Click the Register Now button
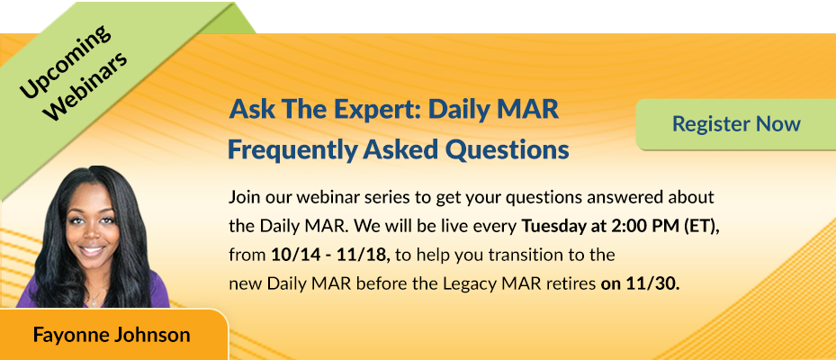pyautogui.click(x=736, y=123)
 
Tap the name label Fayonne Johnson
pyautogui.click(x=112, y=335)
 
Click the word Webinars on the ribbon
pyautogui.click(x=87, y=85)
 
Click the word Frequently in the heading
pyautogui.click(x=292, y=150)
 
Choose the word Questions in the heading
pyautogui.click(x=507, y=150)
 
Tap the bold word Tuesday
pyautogui.click(x=549, y=226)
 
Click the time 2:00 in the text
pyautogui.click(x=619, y=226)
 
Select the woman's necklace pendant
pyautogui.click(x=94, y=303)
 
